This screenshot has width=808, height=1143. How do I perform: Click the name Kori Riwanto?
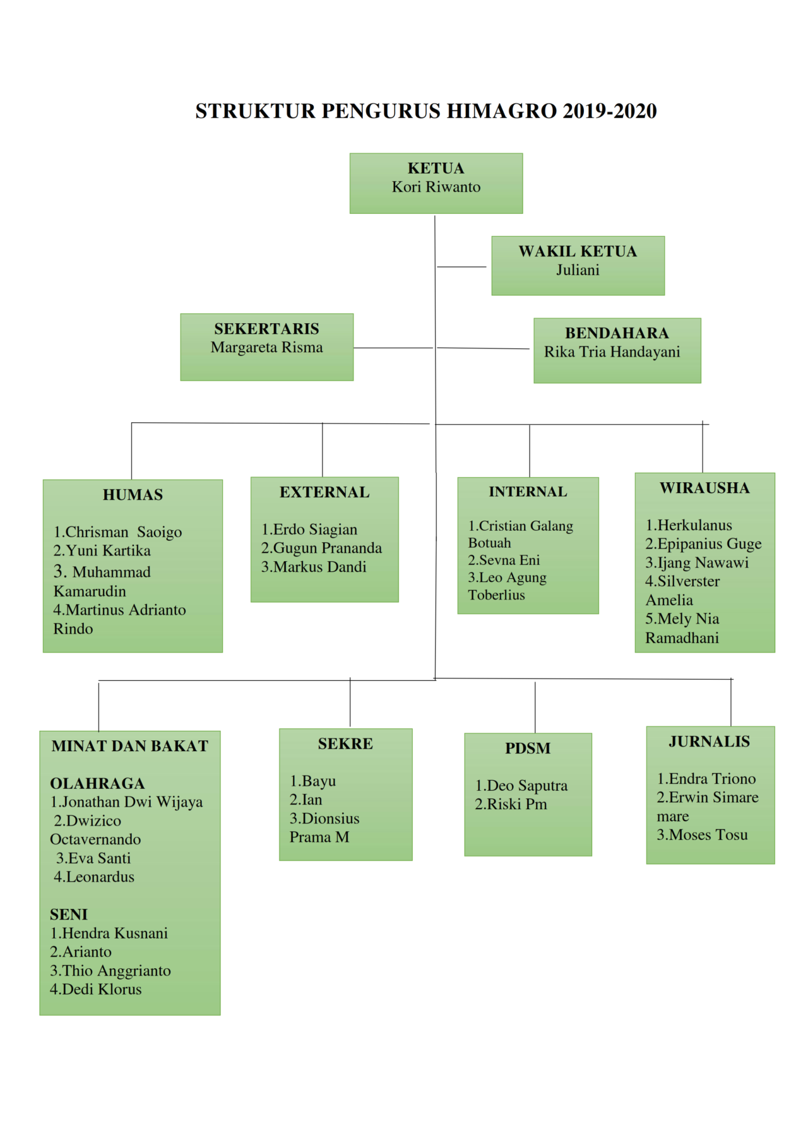pyautogui.click(x=436, y=187)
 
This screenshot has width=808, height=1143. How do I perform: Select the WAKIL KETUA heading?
pyautogui.click(x=578, y=251)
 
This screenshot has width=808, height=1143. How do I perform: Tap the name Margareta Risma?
pyautogui.click(x=266, y=347)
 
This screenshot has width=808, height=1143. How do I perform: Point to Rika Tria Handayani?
pyautogui.click(x=612, y=352)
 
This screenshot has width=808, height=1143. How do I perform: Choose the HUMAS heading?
pyautogui.click(x=133, y=495)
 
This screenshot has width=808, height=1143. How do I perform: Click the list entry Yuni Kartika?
pyautogui.click(x=102, y=550)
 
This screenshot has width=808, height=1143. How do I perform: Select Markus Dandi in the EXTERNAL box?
pyautogui.click(x=314, y=567)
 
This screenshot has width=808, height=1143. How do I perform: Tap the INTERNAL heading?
pyautogui.click(x=528, y=492)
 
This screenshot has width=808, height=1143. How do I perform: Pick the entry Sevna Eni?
pyautogui.click(x=504, y=560)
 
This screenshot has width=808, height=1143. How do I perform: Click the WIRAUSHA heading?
pyautogui.click(x=704, y=488)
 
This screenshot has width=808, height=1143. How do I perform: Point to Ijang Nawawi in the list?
pyautogui.click(x=697, y=562)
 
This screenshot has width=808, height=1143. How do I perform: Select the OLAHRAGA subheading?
pyautogui.click(x=97, y=783)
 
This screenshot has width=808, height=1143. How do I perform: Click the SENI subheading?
pyautogui.click(x=69, y=915)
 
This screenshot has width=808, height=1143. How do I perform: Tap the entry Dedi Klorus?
pyautogui.click(x=96, y=989)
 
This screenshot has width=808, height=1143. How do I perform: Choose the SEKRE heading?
pyautogui.click(x=345, y=743)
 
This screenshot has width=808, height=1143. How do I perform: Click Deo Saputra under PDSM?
pyautogui.click(x=521, y=786)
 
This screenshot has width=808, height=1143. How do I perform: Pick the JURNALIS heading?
pyautogui.click(x=710, y=742)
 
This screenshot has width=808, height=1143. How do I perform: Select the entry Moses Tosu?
pyautogui.click(x=702, y=835)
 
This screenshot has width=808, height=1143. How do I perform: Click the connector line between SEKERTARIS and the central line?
pyautogui.click(x=393, y=348)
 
